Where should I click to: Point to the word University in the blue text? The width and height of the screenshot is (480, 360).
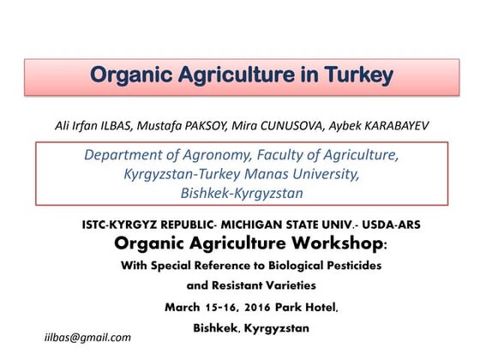[321, 174]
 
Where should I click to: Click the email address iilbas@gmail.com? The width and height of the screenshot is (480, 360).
[87, 337]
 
